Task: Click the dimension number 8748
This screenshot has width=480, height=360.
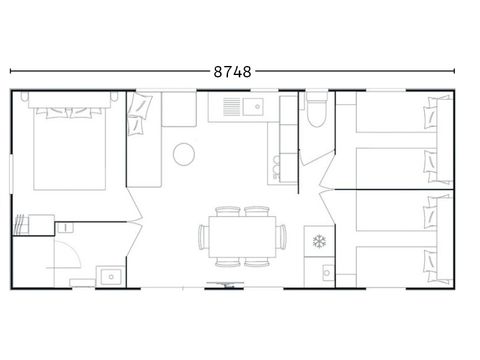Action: [x=232, y=72]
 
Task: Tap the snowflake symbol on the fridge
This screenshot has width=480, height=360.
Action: [x=321, y=241]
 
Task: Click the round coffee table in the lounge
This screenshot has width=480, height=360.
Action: [x=184, y=153]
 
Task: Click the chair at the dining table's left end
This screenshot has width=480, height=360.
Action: [x=203, y=236]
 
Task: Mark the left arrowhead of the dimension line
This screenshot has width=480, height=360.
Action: [x=13, y=72]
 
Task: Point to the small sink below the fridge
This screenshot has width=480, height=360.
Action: [x=325, y=271]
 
